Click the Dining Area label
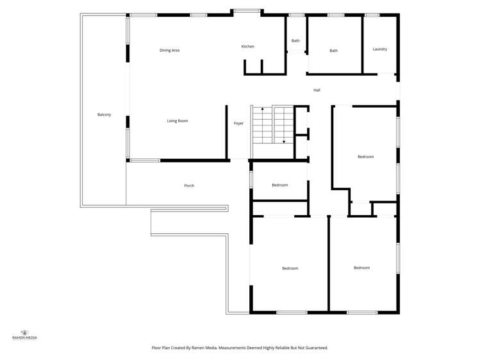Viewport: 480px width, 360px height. (169, 50)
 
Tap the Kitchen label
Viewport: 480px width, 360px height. (247, 47)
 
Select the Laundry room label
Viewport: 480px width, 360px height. (379, 49)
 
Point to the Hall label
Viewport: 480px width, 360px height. (317, 90)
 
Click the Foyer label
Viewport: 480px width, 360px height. (238, 123)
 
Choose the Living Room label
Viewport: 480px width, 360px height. (178, 121)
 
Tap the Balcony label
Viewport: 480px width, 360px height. (104, 115)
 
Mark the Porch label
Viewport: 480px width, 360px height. (189, 186)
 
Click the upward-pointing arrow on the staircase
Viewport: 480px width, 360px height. (262, 110)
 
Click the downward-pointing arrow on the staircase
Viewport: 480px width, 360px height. (284, 141)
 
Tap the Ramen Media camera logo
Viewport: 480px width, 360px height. (25, 332)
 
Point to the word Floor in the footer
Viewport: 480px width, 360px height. (156, 348)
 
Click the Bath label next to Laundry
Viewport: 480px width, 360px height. (333, 51)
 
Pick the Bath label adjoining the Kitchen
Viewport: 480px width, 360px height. (295, 41)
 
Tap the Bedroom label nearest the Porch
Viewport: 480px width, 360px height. (279, 185)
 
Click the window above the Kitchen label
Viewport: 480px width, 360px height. (247, 11)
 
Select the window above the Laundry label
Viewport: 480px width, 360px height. (372, 15)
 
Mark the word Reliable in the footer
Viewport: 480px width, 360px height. (282, 348)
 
